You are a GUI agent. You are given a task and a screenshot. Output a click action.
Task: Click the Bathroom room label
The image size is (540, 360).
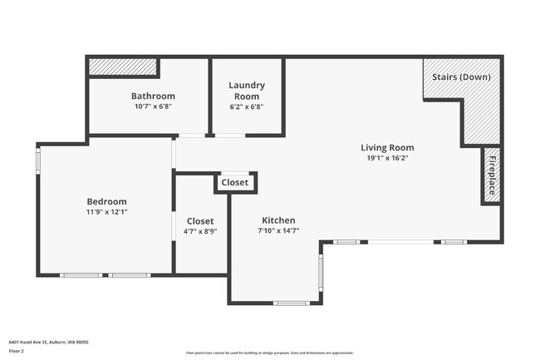click(153, 96)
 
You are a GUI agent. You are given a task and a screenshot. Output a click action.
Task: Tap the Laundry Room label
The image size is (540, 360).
click(247, 91)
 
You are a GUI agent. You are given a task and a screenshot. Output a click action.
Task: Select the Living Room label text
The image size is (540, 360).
click(387, 147)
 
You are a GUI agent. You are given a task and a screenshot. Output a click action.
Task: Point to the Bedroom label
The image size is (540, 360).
click(106, 201)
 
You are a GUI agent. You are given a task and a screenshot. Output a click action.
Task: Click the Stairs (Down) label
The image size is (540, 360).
click(461, 77)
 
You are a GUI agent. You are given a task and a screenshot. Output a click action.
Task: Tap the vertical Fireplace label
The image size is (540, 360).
click(492, 175)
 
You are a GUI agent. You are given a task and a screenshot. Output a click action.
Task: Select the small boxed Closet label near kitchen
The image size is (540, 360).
click(235, 183)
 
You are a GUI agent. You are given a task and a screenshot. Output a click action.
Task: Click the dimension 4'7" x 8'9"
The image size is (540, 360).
click(200, 232)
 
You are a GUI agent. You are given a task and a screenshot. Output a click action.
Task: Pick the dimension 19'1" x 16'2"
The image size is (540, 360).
click(387, 157)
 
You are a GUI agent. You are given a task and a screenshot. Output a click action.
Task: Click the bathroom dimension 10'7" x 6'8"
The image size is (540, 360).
click(153, 106)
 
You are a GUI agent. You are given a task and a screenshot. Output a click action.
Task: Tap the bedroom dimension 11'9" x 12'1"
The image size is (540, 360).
click(106, 212)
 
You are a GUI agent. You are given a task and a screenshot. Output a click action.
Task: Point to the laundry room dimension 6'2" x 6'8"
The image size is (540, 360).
click(247, 106)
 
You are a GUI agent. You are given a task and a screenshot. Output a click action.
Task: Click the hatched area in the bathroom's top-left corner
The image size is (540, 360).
click(123, 66)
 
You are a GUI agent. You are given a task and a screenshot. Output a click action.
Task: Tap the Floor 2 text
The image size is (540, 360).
click(17, 352)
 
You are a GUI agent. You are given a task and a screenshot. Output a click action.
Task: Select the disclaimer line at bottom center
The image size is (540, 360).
click(269, 353)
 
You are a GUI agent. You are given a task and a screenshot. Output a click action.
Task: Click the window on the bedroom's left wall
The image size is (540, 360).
click(38, 160)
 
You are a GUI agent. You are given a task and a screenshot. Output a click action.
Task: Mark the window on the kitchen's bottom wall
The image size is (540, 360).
click(292, 303)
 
